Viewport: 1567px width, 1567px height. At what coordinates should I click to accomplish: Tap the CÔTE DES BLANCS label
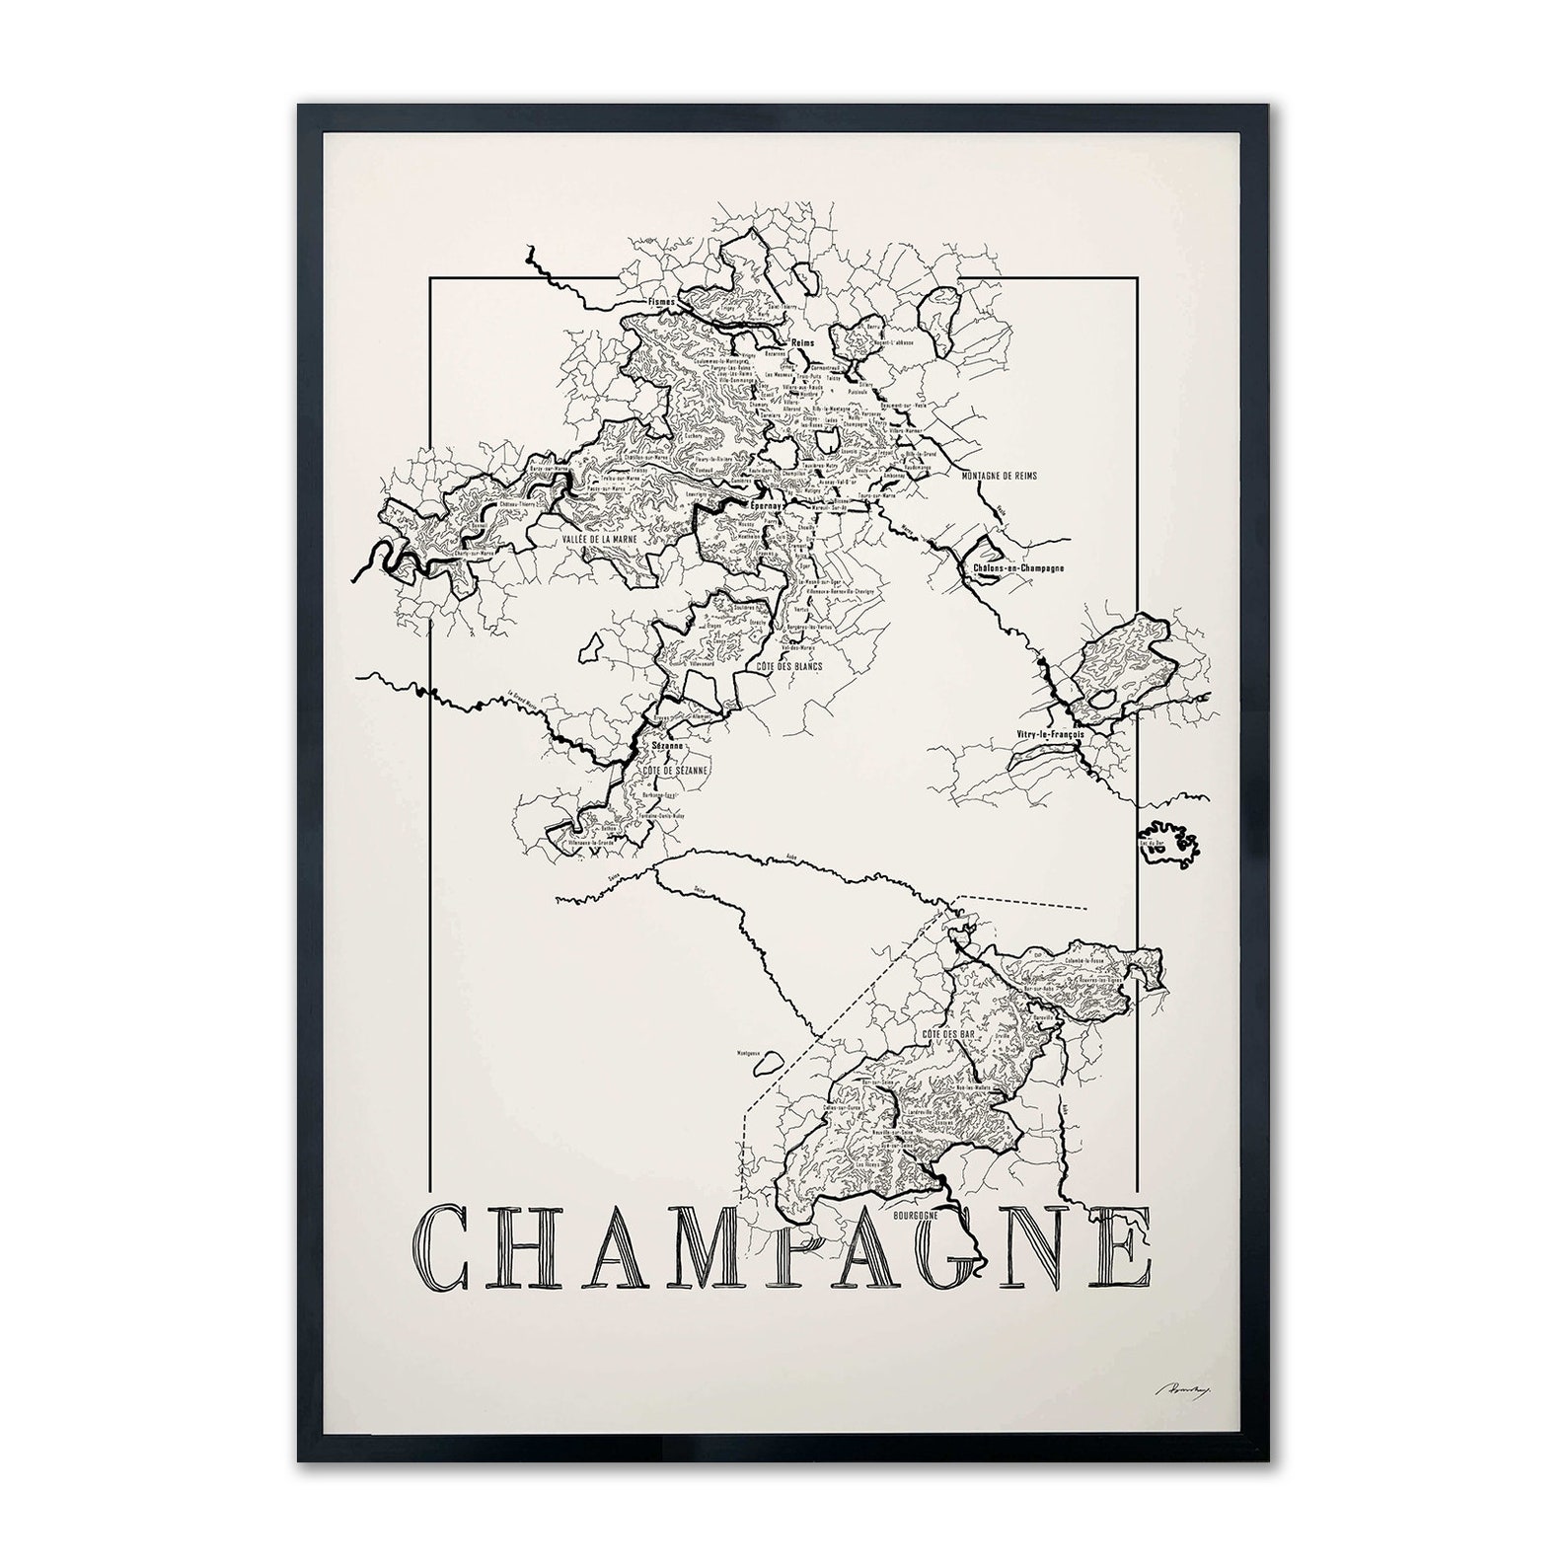pos(789,668)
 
